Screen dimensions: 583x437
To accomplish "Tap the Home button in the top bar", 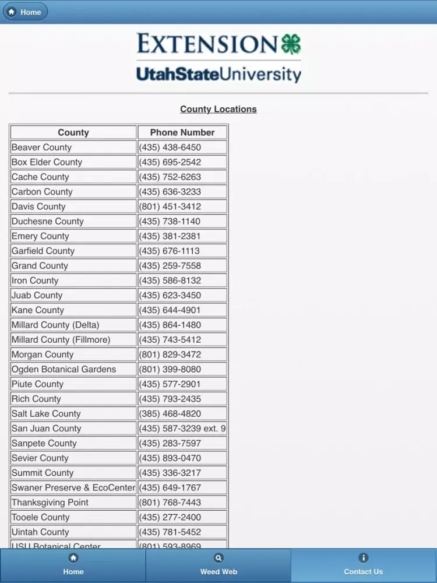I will coord(24,12).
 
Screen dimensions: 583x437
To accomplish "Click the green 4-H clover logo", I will coord(291,44).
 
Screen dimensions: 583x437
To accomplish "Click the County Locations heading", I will coord(218,109).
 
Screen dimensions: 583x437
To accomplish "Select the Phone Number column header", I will coord(182,132).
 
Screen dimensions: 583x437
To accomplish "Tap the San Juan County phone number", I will coord(182,429).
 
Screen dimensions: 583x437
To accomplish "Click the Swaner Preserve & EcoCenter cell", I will coord(73,487).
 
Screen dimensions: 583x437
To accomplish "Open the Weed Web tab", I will coord(218,566).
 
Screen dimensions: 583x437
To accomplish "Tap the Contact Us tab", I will coord(364,566).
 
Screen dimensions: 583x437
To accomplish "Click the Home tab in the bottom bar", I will coord(73,566).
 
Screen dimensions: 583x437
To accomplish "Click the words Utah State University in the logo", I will coord(218,75).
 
